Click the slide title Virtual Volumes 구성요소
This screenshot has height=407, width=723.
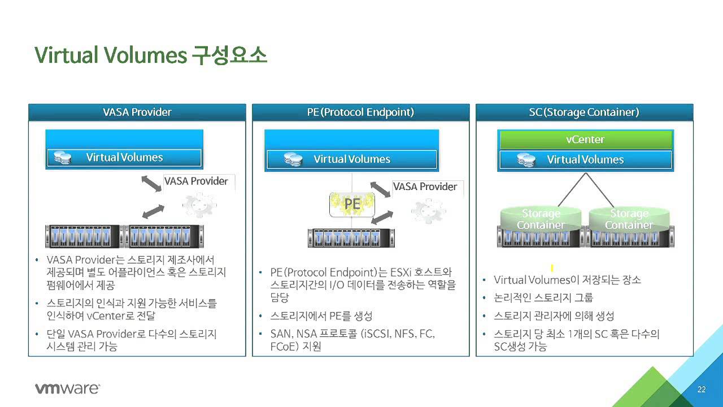click(x=151, y=55)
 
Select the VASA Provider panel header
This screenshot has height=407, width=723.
click(x=137, y=112)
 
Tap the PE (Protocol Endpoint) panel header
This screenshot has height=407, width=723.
click(x=360, y=112)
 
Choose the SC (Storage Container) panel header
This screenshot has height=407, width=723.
click(x=584, y=112)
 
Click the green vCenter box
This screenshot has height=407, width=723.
click(x=585, y=140)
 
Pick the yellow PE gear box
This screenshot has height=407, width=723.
click(x=352, y=203)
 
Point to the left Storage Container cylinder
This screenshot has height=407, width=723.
click(x=541, y=219)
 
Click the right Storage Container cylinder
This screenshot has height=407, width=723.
click(x=629, y=219)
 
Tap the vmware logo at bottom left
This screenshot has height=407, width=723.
click(x=67, y=388)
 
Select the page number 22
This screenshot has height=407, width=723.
click(x=702, y=389)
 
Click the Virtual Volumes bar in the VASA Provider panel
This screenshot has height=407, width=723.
click(x=124, y=158)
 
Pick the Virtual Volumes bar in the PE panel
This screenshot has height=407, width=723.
click(x=351, y=159)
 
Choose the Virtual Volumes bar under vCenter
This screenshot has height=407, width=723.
click(x=585, y=160)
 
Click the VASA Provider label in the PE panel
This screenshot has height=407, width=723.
click(x=425, y=187)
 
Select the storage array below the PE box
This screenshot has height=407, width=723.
click(x=351, y=238)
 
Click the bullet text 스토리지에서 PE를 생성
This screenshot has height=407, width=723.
click(x=321, y=315)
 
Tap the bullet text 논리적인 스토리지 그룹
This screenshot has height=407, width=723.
click(x=543, y=297)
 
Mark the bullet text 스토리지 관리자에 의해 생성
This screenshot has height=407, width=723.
click(x=554, y=315)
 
